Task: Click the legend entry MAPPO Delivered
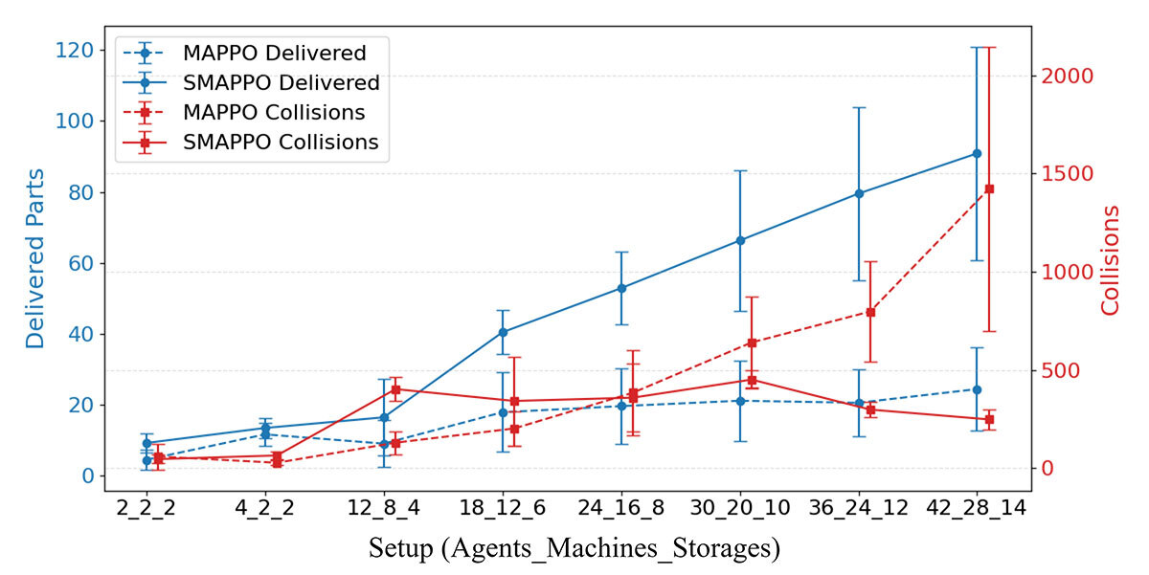click(274, 54)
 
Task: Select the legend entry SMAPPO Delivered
click(281, 83)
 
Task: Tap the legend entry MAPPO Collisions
click(274, 113)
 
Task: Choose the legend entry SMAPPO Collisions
click(281, 143)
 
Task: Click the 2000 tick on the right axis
click(1067, 76)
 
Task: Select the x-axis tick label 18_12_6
click(502, 508)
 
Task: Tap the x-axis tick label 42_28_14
click(977, 508)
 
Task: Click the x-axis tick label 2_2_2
click(146, 508)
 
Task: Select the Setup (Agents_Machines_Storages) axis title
click(574, 549)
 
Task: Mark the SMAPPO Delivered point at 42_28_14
click(977, 153)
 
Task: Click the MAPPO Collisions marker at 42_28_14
click(989, 188)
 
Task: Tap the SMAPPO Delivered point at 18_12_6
click(503, 332)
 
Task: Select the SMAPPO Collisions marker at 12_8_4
click(395, 389)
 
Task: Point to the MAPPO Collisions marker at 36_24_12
click(870, 312)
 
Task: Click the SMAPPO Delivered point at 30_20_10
click(740, 240)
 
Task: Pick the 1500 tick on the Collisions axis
click(1067, 174)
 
